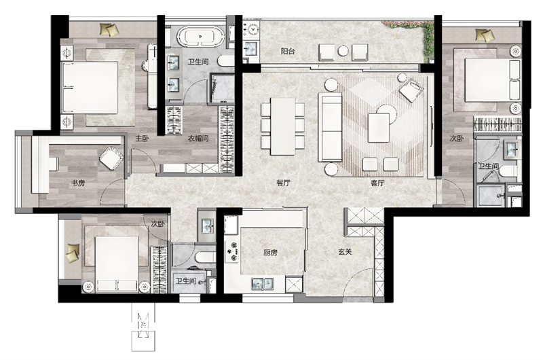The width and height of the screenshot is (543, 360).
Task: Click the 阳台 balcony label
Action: click(287, 52)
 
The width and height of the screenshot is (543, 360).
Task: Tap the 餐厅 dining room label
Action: click(283, 183)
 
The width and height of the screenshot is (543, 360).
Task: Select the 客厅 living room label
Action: click(377, 183)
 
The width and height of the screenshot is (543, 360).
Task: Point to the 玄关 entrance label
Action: click(345, 252)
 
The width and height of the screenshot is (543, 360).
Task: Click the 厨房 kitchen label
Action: click(270, 253)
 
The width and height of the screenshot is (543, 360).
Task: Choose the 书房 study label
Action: click(78, 183)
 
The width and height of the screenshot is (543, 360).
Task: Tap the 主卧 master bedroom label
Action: click(142, 139)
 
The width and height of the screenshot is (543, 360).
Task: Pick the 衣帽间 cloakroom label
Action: click(198, 139)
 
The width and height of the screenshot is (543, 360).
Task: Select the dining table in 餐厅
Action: click(282, 126)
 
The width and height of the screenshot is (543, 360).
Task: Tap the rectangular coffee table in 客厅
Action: click(379, 128)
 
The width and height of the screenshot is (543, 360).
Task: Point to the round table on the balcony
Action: click(343, 50)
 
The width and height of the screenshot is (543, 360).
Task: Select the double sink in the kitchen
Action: click(263, 283)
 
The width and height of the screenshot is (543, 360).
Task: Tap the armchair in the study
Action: click(111, 158)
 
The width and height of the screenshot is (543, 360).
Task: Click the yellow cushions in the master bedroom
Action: click(109, 29)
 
